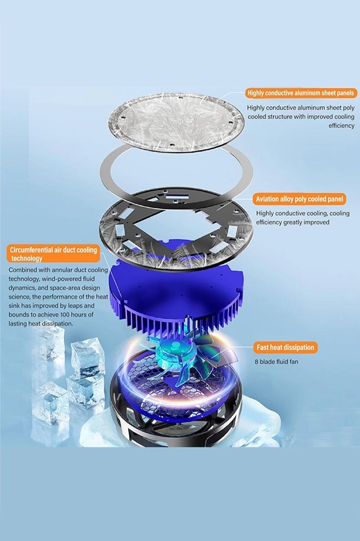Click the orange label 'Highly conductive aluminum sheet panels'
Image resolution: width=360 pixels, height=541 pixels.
[300, 93]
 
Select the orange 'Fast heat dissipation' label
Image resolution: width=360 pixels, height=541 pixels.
[285, 347]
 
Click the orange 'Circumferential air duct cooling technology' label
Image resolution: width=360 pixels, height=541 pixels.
[53, 254]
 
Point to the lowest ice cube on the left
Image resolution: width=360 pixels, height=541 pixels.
[50, 403]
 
